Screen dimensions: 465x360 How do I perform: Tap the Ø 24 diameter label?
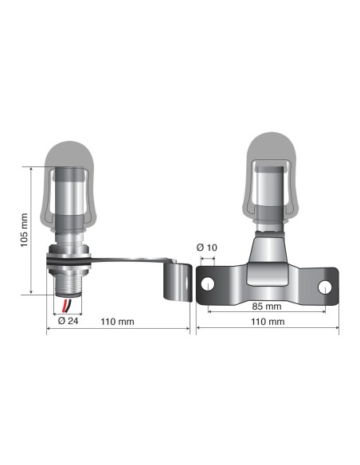68,321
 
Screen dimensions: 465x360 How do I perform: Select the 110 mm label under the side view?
118,322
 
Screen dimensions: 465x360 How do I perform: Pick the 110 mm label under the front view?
268,322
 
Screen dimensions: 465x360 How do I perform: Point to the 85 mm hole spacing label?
268,306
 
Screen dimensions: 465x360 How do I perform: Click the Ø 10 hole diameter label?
207,248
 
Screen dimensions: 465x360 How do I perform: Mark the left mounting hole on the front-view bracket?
208,283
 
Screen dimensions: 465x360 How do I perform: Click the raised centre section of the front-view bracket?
268,275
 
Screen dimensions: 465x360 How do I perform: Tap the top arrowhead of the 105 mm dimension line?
31,169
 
